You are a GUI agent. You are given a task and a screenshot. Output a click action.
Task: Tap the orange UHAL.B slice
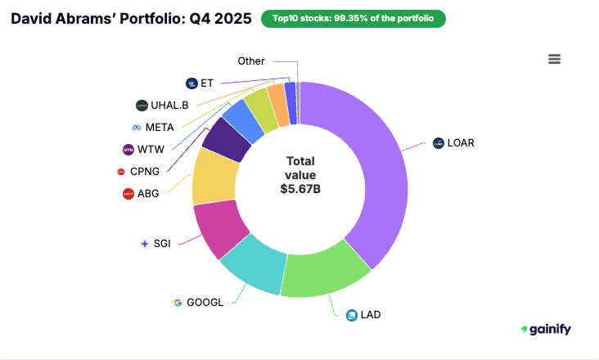tap(278, 106)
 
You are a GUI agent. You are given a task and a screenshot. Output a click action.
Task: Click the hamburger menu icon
tap(554, 59)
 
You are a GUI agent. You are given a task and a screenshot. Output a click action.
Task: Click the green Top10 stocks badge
tap(354, 19)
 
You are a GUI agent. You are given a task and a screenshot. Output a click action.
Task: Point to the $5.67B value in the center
tap(299, 188)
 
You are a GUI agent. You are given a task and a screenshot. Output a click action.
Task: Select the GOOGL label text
tap(205, 302)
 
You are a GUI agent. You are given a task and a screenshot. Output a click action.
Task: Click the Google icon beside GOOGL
tap(178, 302)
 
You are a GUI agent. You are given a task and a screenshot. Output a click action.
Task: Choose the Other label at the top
tap(250, 61)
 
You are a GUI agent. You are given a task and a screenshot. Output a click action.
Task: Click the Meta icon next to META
tap(137, 128)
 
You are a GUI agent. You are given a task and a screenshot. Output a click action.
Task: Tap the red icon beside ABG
tap(128, 194)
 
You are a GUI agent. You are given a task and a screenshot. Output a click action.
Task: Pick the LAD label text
tap(371, 314)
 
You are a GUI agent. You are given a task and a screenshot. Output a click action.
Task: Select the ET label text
tap(206, 83)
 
